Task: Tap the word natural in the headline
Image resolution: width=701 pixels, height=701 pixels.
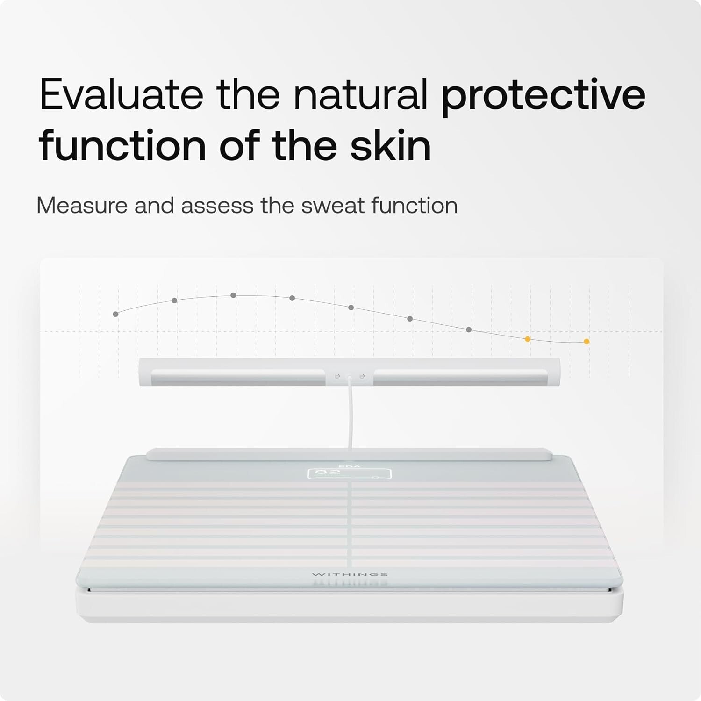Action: click(360, 95)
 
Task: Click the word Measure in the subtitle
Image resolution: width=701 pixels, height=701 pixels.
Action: click(82, 206)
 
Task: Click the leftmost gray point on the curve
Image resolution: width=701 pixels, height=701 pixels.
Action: click(115, 314)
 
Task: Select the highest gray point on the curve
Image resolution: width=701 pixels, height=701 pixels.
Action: click(233, 295)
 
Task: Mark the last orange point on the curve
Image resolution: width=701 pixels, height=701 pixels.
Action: click(587, 342)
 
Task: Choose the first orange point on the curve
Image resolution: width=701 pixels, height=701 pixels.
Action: click(528, 339)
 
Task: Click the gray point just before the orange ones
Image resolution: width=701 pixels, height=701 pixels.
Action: click(469, 330)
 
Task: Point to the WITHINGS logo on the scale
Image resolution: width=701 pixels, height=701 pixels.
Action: click(350, 574)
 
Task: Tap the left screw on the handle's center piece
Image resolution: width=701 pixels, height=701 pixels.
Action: click(336, 376)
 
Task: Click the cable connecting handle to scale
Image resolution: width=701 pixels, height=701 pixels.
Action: click(350, 416)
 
